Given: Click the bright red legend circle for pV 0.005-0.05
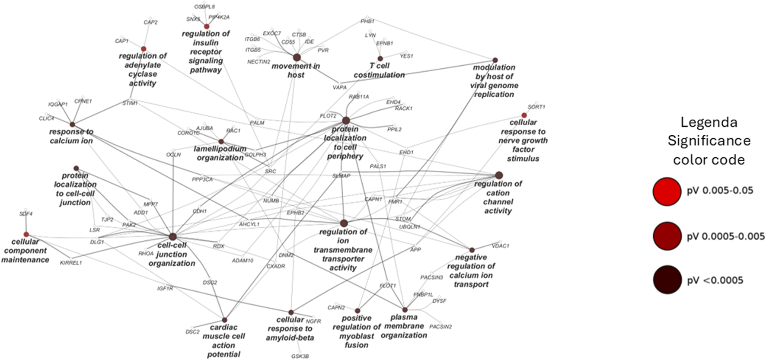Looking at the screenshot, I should [667, 191].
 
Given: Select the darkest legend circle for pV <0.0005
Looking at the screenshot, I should [667, 280].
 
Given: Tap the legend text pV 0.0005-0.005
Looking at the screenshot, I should [726, 236].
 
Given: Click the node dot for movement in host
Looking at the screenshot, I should [297, 57].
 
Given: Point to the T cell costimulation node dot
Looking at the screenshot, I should [380, 58].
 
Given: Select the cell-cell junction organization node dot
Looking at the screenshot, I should [173, 236].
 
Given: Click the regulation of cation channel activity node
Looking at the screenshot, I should [499, 175].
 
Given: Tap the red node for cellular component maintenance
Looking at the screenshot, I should [26, 234].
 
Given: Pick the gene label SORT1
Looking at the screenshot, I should [536, 107].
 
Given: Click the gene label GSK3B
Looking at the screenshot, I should [300, 356].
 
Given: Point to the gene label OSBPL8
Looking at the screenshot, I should [204, 7].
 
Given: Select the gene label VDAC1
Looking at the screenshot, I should [501, 245].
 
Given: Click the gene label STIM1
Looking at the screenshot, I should [130, 103].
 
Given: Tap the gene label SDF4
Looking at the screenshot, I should [26, 214].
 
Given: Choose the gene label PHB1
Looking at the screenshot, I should [367, 21].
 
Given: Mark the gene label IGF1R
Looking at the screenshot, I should [165, 288].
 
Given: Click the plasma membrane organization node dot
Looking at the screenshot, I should [405, 310].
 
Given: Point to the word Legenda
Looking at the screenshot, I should [709, 122].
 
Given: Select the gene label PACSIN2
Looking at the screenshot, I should [440, 327].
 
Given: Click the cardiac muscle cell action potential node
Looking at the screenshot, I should [224, 320].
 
